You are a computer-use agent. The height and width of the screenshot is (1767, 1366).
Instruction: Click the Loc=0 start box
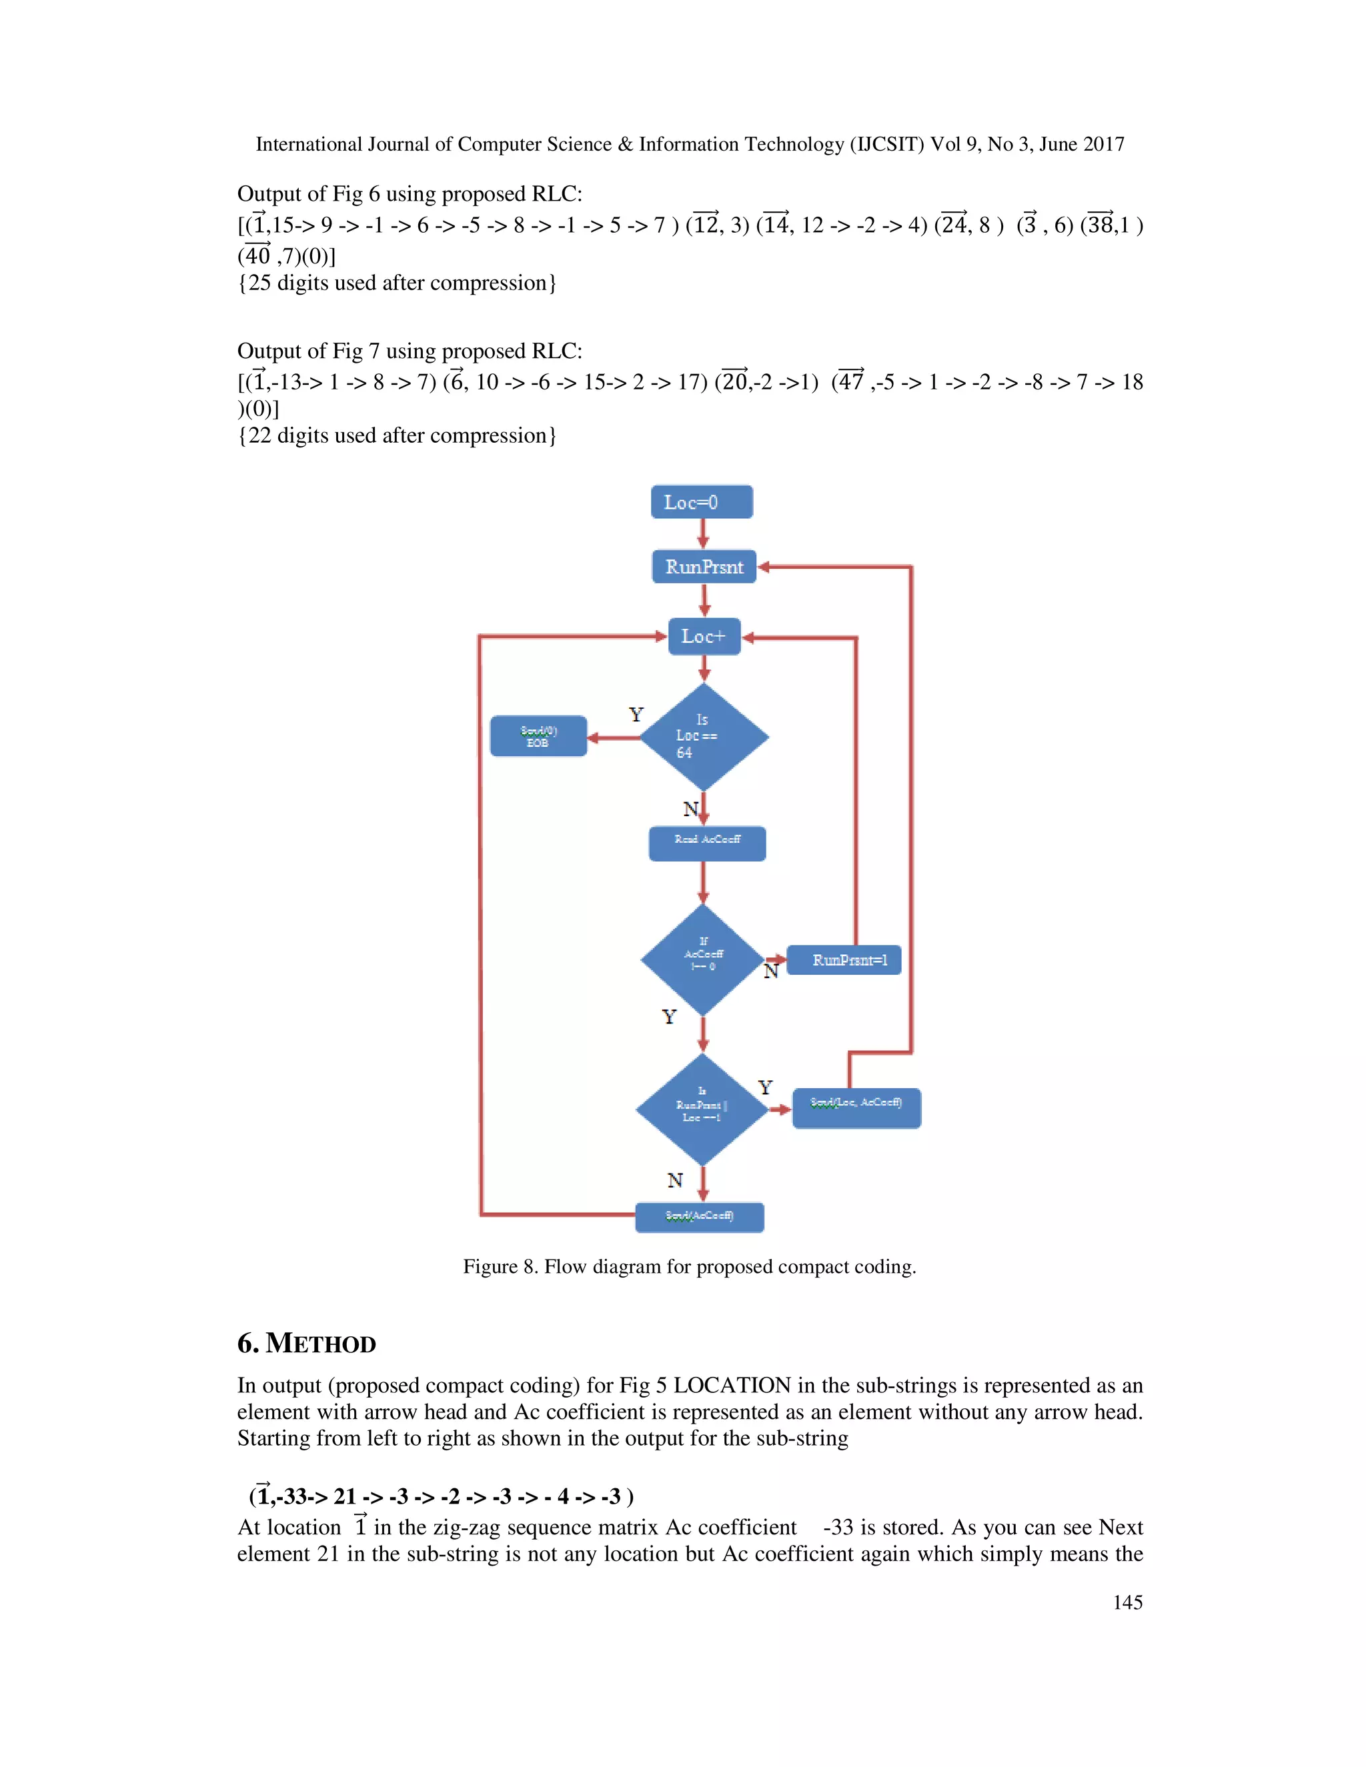[702, 503]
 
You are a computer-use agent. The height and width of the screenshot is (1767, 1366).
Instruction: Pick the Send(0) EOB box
[538, 736]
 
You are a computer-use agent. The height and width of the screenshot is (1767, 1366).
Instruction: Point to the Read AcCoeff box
[706, 843]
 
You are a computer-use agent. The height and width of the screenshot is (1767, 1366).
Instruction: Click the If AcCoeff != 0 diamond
[702, 960]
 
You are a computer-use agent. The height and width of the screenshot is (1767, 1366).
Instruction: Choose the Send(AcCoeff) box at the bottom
[699, 1217]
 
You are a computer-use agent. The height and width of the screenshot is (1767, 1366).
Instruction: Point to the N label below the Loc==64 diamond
[690, 809]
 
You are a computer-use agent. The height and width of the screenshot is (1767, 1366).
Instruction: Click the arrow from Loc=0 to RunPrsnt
[702, 534]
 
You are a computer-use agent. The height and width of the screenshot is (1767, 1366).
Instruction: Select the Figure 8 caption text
[688, 1266]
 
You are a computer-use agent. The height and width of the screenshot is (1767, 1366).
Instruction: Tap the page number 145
[1127, 1602]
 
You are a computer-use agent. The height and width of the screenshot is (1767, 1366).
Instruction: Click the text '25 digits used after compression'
[397, 283]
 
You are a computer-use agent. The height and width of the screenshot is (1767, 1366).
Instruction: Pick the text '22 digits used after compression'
[397, 436]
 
